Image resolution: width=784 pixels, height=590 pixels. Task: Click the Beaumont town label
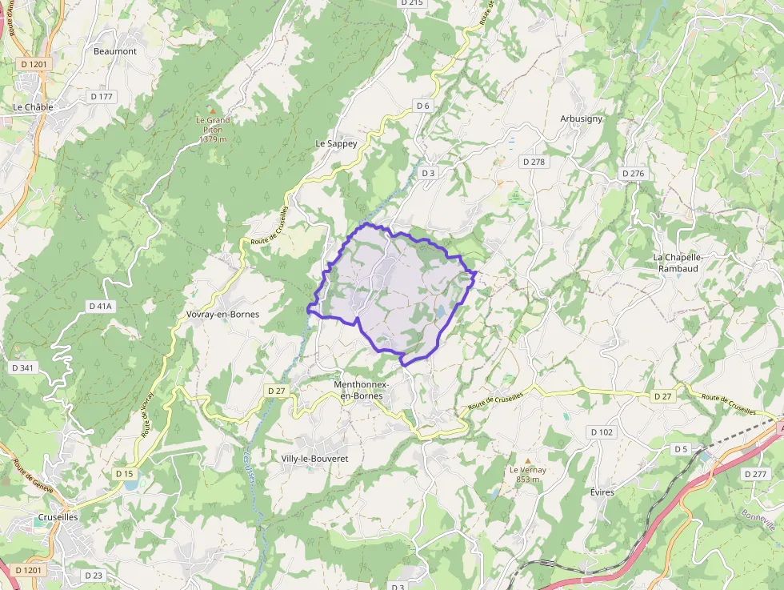click(x=115, y=51)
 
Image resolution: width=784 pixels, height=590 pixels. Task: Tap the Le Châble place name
click(x=33, y=106)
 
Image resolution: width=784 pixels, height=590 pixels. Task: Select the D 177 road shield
click(x=102, y=96)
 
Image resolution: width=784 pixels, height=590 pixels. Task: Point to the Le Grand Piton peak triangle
click(x=213, y=110)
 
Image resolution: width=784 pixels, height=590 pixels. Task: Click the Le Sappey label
click(x=336, y=144)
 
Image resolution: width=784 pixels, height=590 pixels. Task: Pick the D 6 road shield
click(x=423, y=106)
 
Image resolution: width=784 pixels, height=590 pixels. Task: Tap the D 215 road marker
click(x=410, y=3)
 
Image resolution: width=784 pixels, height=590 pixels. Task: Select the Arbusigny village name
click(x=581, y=118)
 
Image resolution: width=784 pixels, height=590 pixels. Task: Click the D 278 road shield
click(x=534, y=162)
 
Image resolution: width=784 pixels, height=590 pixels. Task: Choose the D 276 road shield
click(x=633, y=174)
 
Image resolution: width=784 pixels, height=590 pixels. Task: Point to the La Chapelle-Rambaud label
click(x=678, y=263)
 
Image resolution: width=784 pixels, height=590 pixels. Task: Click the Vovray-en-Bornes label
click(x=222, y=314)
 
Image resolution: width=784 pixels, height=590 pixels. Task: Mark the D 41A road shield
click(x=102, y=306)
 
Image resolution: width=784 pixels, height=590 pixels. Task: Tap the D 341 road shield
click(x=23, y=367)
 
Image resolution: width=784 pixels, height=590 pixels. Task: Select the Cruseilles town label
click(x=58, y=517)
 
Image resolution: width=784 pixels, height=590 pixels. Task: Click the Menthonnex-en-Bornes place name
click(x=362, y=390)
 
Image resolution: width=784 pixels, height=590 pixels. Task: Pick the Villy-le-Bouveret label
click(x=314, y=459)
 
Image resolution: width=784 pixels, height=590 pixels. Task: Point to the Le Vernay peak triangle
click(x=527, y=460)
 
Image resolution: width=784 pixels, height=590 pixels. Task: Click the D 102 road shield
click(x=602, y=431)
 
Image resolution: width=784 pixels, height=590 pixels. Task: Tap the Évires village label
click(x=602, y=492)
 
